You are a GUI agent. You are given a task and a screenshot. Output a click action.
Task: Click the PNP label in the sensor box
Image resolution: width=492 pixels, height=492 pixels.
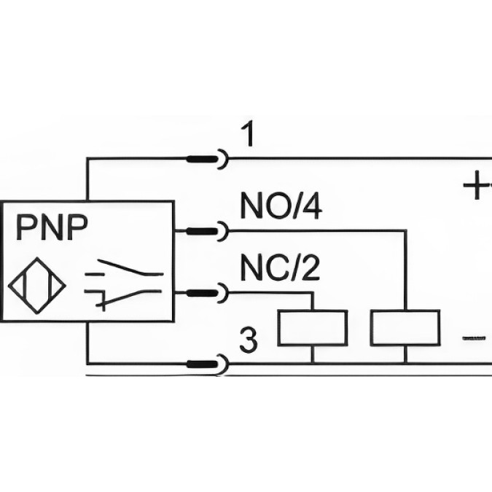pyautogui.click(x=52, y=227)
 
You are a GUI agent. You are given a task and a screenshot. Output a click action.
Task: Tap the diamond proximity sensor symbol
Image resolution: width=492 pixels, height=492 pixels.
pyautogui.click(x=36, y=284)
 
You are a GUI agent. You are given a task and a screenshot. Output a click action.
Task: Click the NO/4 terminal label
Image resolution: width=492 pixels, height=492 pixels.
pyautogui.click(x=281, y=208)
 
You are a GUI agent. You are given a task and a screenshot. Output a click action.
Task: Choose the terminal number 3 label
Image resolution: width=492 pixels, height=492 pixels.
pyautogui.click(x=249, y=341)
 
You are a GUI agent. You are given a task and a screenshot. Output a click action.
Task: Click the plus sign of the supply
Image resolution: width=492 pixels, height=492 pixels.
pyautogui.click(x=477, y=187)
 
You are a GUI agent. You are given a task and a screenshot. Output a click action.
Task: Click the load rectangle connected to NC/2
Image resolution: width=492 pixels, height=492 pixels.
pyautogui.click(x=313, y=327)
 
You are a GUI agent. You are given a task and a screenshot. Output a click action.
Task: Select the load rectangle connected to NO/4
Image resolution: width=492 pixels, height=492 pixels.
pyautogui.click(x=405, y=327)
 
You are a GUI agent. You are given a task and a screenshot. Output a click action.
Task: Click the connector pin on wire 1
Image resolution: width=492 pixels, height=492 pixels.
pyautogui.click(x=205, y=158)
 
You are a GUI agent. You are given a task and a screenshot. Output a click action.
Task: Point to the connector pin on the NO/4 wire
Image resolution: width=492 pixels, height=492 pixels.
pyautogui.click(x=205, y=232)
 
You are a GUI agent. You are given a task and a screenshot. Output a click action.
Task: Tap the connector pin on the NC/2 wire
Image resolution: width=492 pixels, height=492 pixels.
pyautogui.click(x=205, y=293)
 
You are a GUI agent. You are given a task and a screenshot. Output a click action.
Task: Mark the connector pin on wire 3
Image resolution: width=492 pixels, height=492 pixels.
pyautogui.click(x=205, y=362)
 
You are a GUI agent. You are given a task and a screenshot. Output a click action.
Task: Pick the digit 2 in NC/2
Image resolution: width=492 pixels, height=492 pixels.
pyautogui.click(x=311, y=270)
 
